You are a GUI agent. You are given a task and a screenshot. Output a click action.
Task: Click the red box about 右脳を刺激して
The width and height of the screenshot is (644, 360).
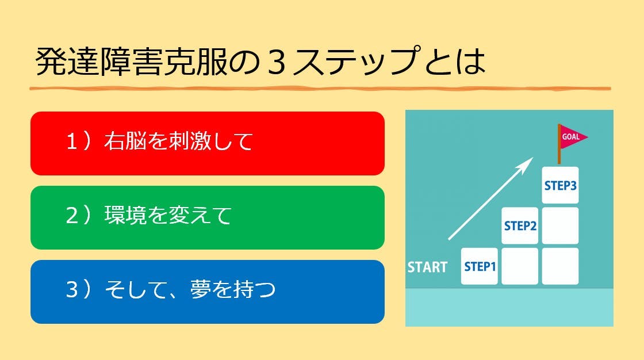[x=208, y=143]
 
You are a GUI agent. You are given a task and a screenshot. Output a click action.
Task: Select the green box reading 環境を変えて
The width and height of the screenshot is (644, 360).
[x=208, y=218]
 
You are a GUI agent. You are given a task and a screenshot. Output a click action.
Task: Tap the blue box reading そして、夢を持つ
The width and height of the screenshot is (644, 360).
[x=208, y=292]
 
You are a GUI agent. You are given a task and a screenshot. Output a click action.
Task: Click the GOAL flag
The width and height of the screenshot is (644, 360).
[x=572, y=137]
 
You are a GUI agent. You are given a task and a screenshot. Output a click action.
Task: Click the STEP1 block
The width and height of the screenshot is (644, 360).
[x=480, y=266]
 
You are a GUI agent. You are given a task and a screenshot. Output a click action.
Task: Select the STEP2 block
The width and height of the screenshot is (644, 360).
[x=520, y=225]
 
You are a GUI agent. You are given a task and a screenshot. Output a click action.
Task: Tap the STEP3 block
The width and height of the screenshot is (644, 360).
[x=560, y=185]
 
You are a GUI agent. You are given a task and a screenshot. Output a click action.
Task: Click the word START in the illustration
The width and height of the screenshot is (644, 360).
[x=427, y=267]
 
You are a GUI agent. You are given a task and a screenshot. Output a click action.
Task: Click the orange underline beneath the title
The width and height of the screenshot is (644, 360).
[x=320, y=89]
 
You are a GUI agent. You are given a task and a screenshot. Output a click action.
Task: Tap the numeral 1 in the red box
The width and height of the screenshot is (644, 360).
[x=72, y=142]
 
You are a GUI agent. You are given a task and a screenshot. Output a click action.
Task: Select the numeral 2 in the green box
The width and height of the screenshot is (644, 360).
[x=72, y=216]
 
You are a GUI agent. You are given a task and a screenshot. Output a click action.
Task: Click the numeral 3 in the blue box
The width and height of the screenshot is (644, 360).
[x=72, y=289]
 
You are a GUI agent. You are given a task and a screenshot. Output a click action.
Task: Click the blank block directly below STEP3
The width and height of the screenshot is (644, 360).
[x=560, y=225]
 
